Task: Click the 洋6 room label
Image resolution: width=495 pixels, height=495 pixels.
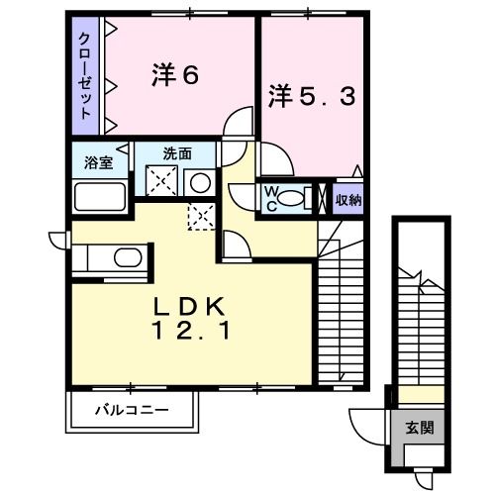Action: tap(175, 75)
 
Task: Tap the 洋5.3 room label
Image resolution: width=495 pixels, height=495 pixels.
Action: tap(312, 96)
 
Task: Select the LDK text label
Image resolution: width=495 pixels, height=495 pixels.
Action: tap(189, 306)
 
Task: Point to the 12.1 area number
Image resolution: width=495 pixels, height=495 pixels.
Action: tap(190, 331)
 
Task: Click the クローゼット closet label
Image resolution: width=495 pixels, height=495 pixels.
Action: tap(85, 76)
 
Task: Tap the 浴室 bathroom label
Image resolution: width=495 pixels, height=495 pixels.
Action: tap(99, 162)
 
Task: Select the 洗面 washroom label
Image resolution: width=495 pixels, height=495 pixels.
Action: tap(177, 153)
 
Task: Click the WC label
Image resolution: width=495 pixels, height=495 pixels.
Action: tap(271, 198)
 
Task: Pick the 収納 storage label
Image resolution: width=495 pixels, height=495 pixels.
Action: tap(348, 200)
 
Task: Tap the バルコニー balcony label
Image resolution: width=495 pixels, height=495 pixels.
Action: tap(132, 410)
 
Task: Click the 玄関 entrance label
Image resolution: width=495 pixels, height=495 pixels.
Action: tap(420, 428)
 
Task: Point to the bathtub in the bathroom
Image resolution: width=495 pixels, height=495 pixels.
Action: tap(100, 197)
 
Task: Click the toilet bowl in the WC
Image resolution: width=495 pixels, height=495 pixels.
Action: tap(290, 199)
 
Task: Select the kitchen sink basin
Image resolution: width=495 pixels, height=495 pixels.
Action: tap(128, 257)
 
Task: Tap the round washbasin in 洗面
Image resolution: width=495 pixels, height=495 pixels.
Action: tap(200, 183)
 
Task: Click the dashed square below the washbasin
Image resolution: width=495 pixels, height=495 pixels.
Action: tap(201, 216)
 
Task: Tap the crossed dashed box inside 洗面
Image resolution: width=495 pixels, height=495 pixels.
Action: tap(161, 180)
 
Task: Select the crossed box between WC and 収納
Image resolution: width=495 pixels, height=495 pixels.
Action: tap(322, 198)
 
